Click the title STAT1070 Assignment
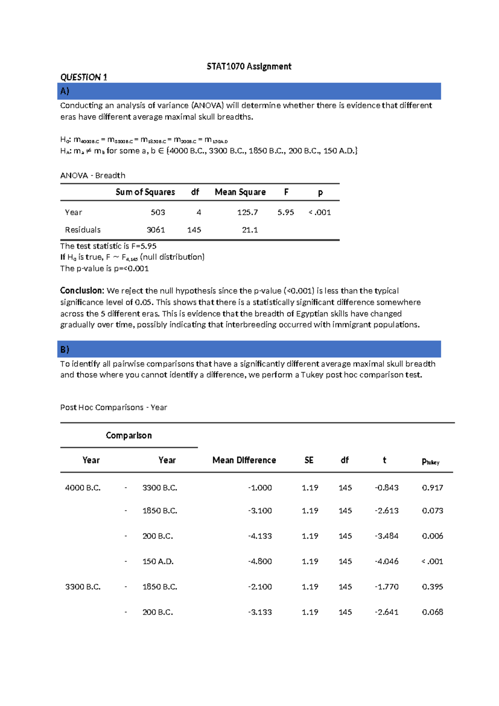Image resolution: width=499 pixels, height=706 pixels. pos(249,66)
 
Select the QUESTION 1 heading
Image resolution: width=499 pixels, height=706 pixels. pos(84,77)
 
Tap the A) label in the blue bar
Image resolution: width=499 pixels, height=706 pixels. pos(65,91)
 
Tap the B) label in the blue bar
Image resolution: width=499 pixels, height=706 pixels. pos(65,349)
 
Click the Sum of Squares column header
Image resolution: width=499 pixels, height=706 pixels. pos(145,192)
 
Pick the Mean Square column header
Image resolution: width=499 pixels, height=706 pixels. pos(240,192)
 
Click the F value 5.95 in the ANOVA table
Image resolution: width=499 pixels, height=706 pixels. pos(286,212)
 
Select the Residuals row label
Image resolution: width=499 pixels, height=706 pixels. pos(83,230)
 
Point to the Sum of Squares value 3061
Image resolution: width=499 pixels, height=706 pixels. pos(156,230)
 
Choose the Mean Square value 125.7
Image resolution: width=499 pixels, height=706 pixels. pos(247,212)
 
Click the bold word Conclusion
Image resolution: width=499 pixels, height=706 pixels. pos(82,291)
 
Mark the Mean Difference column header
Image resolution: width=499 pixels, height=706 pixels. pos(244,460)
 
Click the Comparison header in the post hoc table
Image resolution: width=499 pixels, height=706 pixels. pos(128,435)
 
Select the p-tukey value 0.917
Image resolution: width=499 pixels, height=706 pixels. pos(432,487)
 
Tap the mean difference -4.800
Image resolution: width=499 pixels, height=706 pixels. pos(260,561)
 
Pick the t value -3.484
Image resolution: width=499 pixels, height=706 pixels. pos(386,536)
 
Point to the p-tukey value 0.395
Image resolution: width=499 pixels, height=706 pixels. pos(432,587)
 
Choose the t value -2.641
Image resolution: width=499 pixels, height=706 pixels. pos(386,612)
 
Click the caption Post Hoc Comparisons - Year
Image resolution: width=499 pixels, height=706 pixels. pos(114,408)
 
